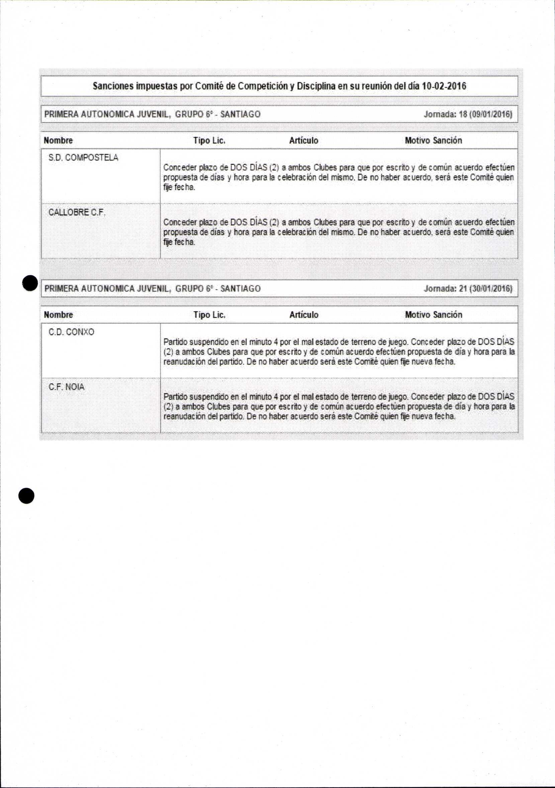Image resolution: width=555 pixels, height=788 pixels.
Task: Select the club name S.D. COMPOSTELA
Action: (x=83, y=158)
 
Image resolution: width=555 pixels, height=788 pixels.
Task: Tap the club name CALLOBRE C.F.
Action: (x=77, y=212)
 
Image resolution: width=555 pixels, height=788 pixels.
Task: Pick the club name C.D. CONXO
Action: (x=71, y=332)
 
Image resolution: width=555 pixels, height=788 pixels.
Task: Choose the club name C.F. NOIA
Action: (x=66, y=387)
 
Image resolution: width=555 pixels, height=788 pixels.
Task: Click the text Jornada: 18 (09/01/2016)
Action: (x=468, y=114)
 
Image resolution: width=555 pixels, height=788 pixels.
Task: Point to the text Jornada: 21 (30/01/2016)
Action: (x=468, y=288)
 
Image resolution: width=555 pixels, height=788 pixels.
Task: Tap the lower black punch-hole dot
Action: (x=26, y=496)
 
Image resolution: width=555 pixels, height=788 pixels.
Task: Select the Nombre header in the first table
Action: (x=58, y=141)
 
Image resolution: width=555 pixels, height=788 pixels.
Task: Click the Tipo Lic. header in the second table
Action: (x=209, y=315)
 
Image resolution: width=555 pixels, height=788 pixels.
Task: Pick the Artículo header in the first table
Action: (x=303, y=141)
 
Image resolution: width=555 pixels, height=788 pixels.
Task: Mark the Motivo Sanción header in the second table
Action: (x=433, y=315)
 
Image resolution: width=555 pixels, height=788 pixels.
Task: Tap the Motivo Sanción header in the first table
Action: (x=433, y=141)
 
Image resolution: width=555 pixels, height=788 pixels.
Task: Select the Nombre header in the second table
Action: (x=58, y=315)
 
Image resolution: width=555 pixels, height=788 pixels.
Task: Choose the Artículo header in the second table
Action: (x=303, y=315)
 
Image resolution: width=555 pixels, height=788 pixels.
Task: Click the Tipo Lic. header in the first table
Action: (x=209, y=141)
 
